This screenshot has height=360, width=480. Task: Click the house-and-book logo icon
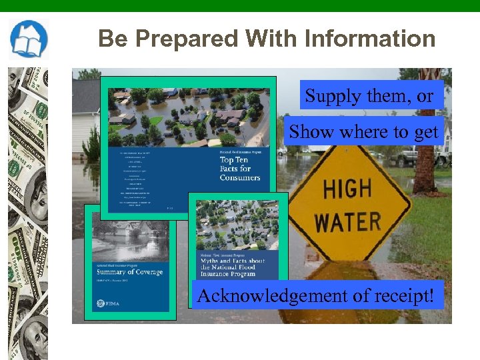coord(28,40)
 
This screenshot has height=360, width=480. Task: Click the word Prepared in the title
coord(168,39)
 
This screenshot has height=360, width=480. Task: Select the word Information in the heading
coord(370,39)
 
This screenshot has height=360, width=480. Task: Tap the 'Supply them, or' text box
coord(369,96)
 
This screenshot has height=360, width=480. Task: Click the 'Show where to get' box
coord(363,132)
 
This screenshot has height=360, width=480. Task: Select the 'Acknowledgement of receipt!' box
coord(316,294)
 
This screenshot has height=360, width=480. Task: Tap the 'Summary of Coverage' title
coord(131,272)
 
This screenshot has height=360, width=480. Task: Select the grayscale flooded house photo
coord(130,241)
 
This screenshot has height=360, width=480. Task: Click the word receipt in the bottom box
coord(394,295)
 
